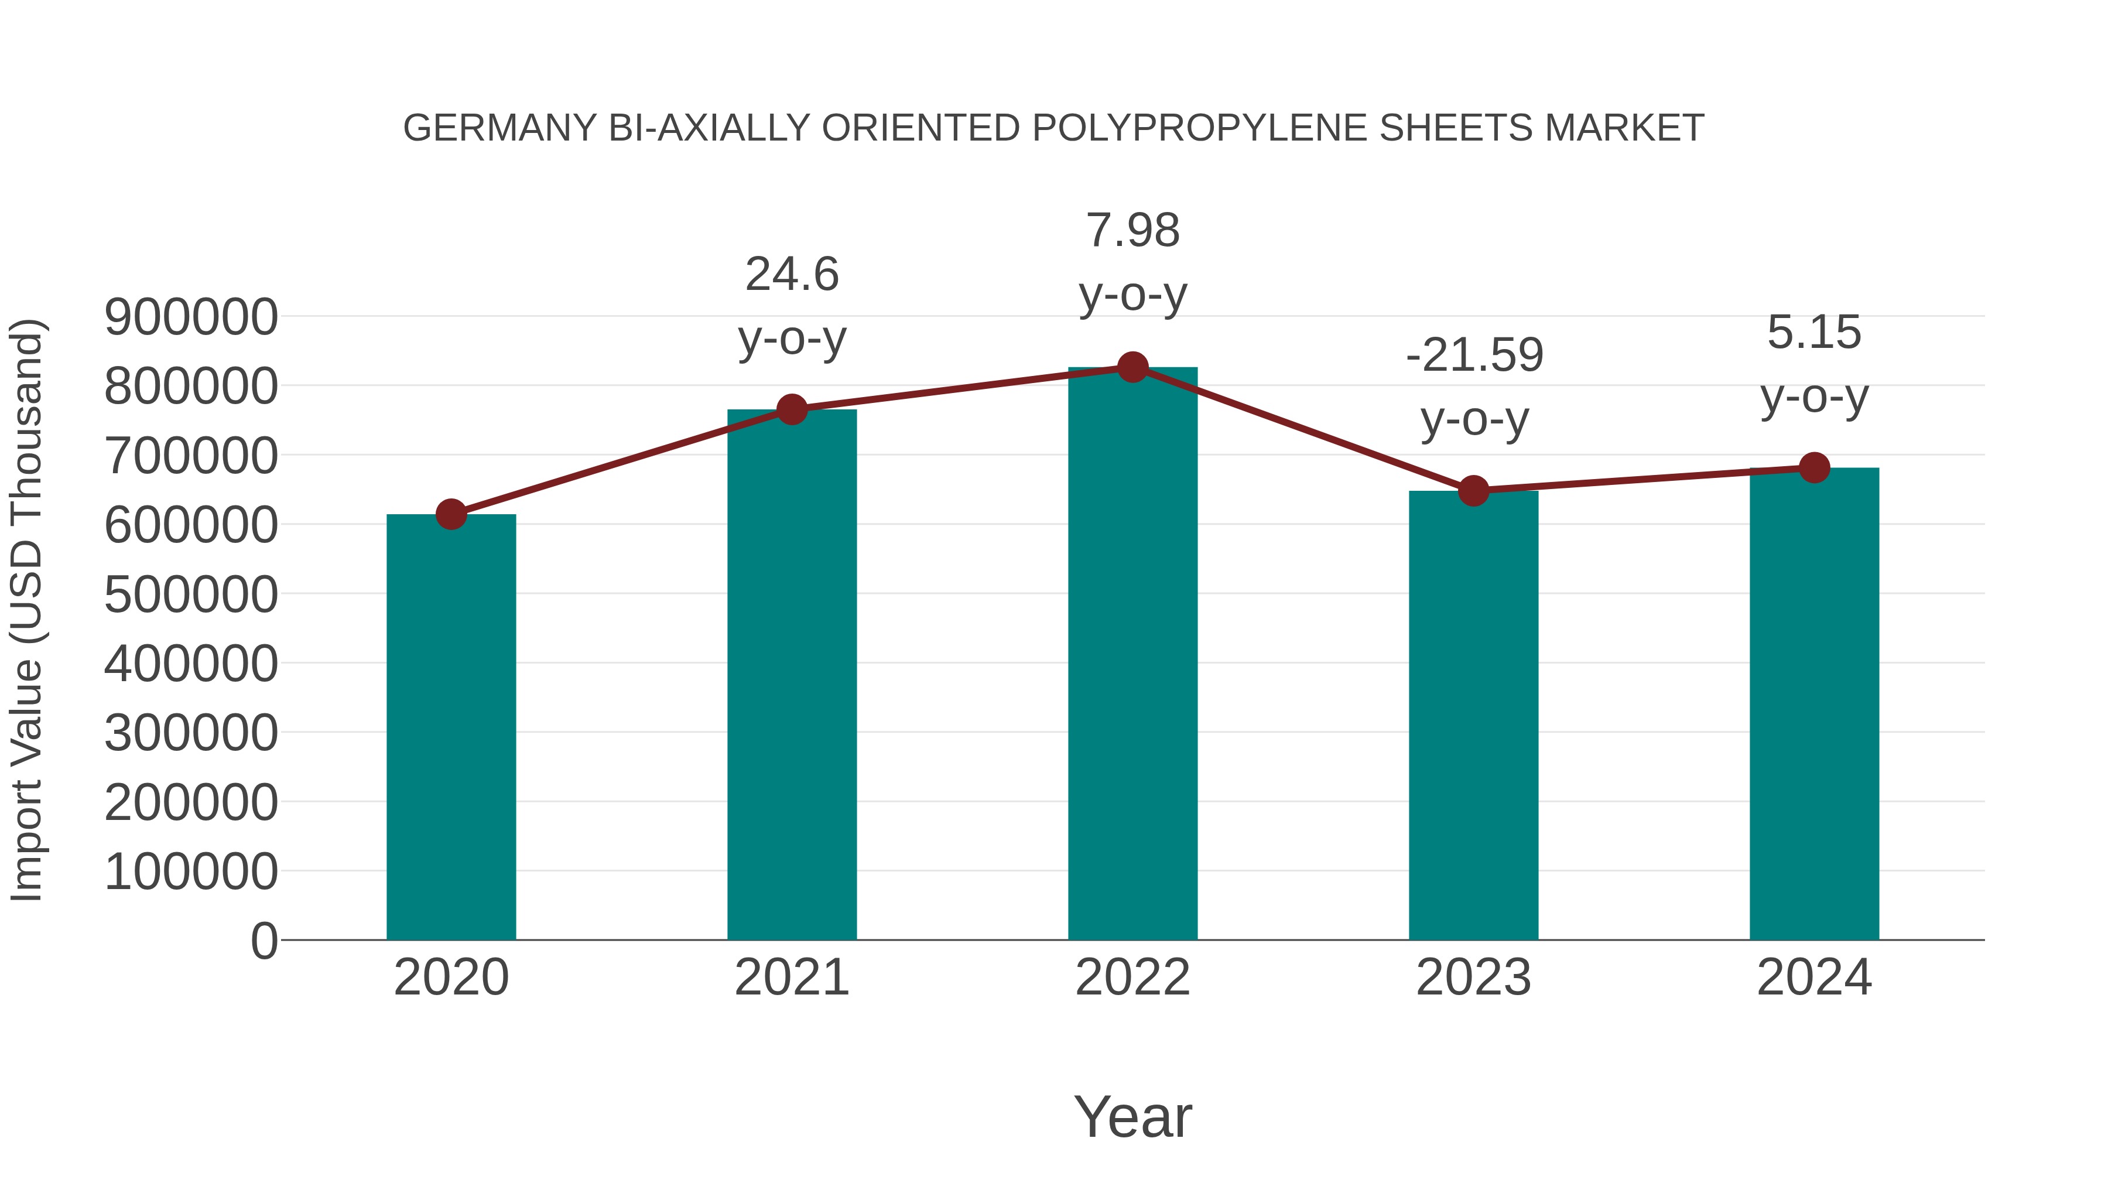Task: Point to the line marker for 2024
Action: [x=1814, y=468]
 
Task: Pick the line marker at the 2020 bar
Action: [x=451, y=515]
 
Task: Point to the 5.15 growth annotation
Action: [x=1814, y=364]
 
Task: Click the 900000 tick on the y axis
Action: [x=191, y=317]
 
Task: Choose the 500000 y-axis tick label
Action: [x=191, y=594]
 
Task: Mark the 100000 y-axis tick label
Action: [x=191, y=871]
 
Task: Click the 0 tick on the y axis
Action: [x=263, y=941]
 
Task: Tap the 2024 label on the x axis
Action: [x=1814, y=977]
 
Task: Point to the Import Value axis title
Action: [x=26, y=611]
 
